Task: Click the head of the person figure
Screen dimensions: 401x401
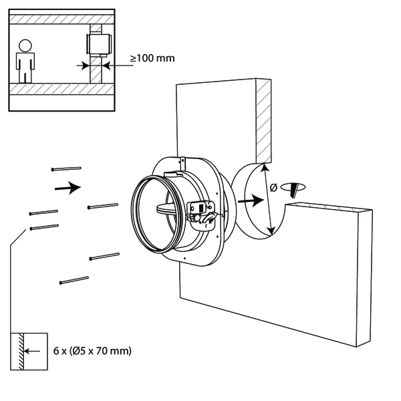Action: coord(25,46)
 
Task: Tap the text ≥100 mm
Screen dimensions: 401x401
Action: coord(152,58)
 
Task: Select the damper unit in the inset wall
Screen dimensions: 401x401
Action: coord(98,45)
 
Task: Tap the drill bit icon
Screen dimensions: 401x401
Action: coord(293,188)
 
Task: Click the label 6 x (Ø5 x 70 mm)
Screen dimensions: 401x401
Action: coord(91,350)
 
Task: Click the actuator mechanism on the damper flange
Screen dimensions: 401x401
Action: coord(201,212)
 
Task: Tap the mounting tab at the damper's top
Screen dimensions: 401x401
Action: coord(182,162)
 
